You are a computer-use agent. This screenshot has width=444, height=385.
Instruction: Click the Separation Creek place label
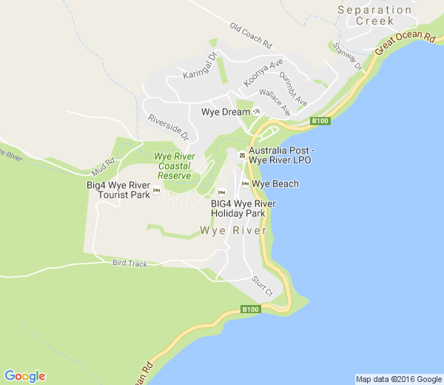[x=374, y=15]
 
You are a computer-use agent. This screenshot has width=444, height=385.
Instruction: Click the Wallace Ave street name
[x=275, y=101]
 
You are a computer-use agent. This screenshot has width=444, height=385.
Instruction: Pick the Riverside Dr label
[x=169, y=127]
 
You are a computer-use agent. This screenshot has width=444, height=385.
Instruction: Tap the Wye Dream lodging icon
[x=257, y=112]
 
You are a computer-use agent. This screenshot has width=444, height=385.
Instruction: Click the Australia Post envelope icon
[x=241, y=155]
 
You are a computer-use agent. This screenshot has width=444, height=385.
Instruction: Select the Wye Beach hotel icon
[x=245, y=184]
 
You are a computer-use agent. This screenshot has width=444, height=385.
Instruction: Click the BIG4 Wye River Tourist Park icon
[x=156, y=191]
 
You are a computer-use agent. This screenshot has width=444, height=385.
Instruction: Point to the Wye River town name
[x=232, y=230]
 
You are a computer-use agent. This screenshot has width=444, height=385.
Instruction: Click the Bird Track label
[x=130, y=263]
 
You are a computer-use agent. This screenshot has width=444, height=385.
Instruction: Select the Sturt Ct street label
[x=263, y=286]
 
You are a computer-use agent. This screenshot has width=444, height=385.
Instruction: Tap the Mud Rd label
[x=104, y=163]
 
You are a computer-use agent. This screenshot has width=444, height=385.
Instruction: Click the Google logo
[x=24, y=376]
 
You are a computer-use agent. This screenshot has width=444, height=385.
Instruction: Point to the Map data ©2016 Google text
[x=397, y=379]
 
